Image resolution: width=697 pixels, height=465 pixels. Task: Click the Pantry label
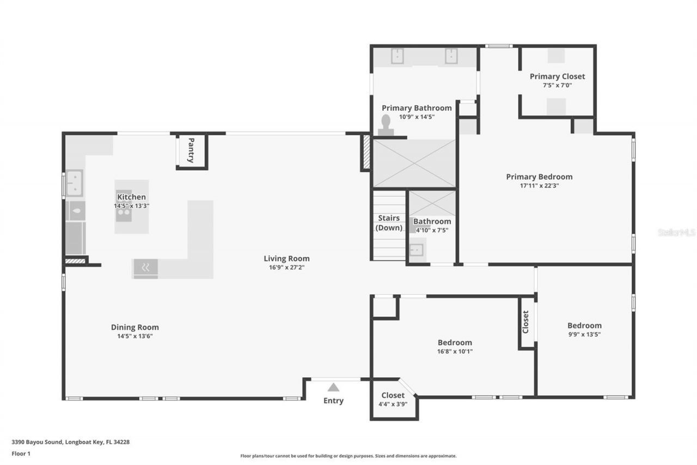(191, 150)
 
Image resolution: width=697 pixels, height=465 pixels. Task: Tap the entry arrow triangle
(333, 388)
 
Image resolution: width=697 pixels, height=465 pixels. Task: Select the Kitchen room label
(131, 197)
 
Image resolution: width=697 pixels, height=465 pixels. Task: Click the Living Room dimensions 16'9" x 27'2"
(286, 268)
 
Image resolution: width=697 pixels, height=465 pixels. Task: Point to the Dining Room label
(134, 327)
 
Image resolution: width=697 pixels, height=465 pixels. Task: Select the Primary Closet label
(557, 76)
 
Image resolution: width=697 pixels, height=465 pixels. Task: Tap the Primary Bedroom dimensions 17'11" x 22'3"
(539, 185)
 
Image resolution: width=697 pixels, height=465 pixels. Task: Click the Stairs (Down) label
(389, 222)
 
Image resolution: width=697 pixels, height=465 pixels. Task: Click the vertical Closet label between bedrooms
(525, 322)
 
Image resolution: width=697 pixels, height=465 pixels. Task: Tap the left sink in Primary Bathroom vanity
(397, 56)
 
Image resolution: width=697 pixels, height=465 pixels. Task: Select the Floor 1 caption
(21, 454)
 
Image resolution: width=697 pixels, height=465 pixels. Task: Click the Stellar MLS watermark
(676, 232)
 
